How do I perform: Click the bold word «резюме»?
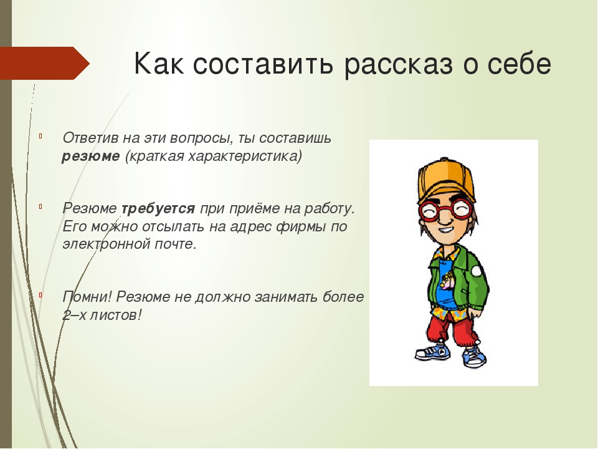click(x=91, y=157)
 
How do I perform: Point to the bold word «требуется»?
click(x=158, y=209)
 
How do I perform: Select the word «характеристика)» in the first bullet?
click(x=245, y=157)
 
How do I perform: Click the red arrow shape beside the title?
click(x=44, y=63)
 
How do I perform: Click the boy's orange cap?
click(x=446, y=180)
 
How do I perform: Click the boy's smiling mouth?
click(x=445, y=231)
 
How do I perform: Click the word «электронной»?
click(x=107, y=244)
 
